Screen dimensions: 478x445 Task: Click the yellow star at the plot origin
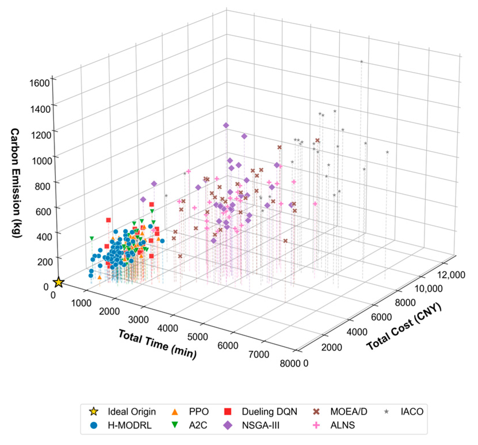[x=59, y=282]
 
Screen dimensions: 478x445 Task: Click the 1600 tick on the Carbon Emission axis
[x=39, y=83]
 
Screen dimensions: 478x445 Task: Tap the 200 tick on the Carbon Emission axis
[x=45, y=262]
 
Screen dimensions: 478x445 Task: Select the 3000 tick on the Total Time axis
[x=138, y=320]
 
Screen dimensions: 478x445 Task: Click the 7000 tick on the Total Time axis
[x=259, y=354]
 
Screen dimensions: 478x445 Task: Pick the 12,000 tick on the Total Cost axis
[x=451, y=275]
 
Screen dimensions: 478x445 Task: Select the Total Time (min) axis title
[x=158, y=344]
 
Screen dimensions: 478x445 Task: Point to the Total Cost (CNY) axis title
[x=404, y=327]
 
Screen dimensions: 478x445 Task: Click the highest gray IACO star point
[x=362, y=62]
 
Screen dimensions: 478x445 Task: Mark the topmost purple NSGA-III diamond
[x=226, y=125]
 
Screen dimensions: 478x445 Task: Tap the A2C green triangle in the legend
[x=175, y=425]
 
